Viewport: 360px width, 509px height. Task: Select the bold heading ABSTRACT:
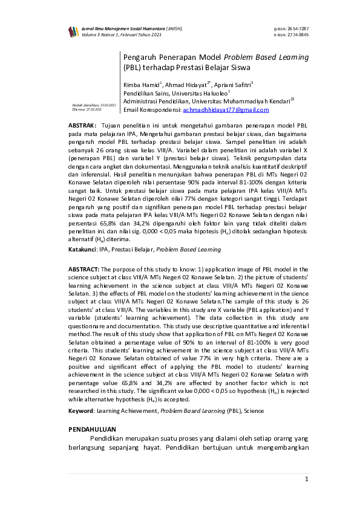click(x=83, y=269)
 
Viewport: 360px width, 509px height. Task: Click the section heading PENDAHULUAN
click(x=91, y=429)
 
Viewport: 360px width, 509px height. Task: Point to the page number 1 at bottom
click(x=307, y=479)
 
